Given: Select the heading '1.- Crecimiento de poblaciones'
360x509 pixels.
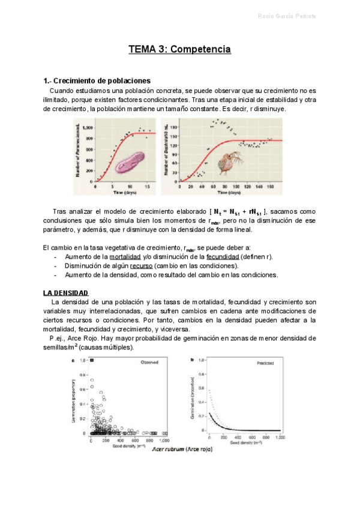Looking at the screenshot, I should [x=97, y=80].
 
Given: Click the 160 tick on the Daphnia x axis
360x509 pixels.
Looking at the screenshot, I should [x=270, y=187].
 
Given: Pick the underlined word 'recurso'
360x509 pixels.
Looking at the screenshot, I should [x=138, y=266].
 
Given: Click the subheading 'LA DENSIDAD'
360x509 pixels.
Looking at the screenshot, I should [x=65, y=293].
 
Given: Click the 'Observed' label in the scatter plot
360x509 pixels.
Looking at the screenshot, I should [x=149, y=363].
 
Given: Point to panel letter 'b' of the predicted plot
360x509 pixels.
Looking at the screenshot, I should [x=191, y=360].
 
